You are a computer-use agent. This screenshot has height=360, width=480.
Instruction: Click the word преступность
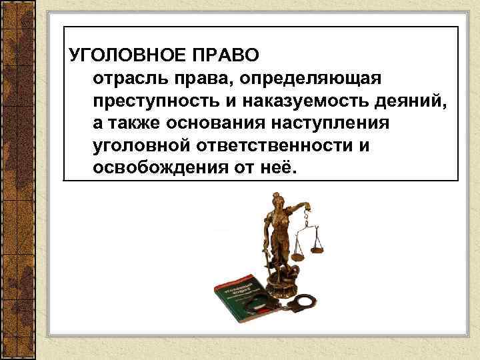point(149,102)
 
